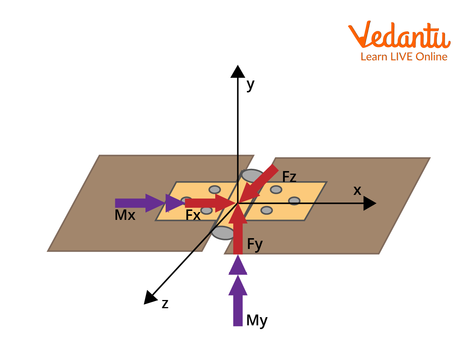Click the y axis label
point(250,85)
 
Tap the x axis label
point(357,191)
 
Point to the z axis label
point(165,304)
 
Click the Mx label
point(125,215)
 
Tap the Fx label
point(193,215)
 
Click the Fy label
point(255,244)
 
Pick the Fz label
point(289,176)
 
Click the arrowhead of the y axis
point(238,72)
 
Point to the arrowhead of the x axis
point(369,203)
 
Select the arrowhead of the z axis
point(150,298)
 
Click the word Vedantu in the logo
point(399,35)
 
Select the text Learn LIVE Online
point(404,57)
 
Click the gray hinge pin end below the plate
point(223,233)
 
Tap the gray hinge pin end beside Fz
point(251,175)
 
